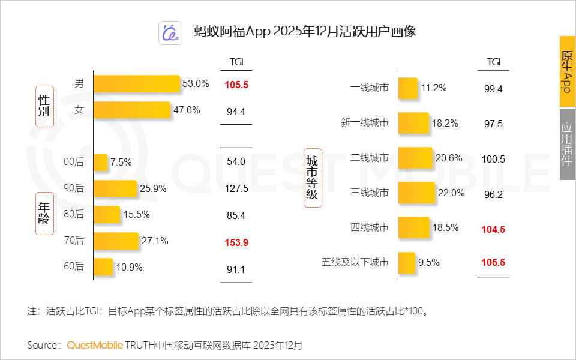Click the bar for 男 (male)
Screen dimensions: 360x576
pos(137,84)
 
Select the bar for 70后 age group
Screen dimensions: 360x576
pos(116,241)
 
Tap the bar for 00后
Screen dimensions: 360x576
pos(101,162)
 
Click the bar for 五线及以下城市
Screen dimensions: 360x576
pos(407,262)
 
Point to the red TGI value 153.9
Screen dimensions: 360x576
pos(236,242)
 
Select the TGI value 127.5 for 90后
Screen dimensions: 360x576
pos(236,188)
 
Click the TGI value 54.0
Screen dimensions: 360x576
pos(236,161)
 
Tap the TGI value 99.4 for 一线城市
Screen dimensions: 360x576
pos(493,89)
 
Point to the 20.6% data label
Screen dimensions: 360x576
pos(449,158)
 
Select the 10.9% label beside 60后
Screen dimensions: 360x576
pos(128,268)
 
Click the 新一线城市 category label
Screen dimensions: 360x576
pos(364,123)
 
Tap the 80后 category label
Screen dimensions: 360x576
pos(74,214)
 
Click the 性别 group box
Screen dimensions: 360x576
pos(44,106)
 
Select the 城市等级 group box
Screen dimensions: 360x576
pos(313,178)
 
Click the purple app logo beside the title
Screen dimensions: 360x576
pos(170,33)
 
